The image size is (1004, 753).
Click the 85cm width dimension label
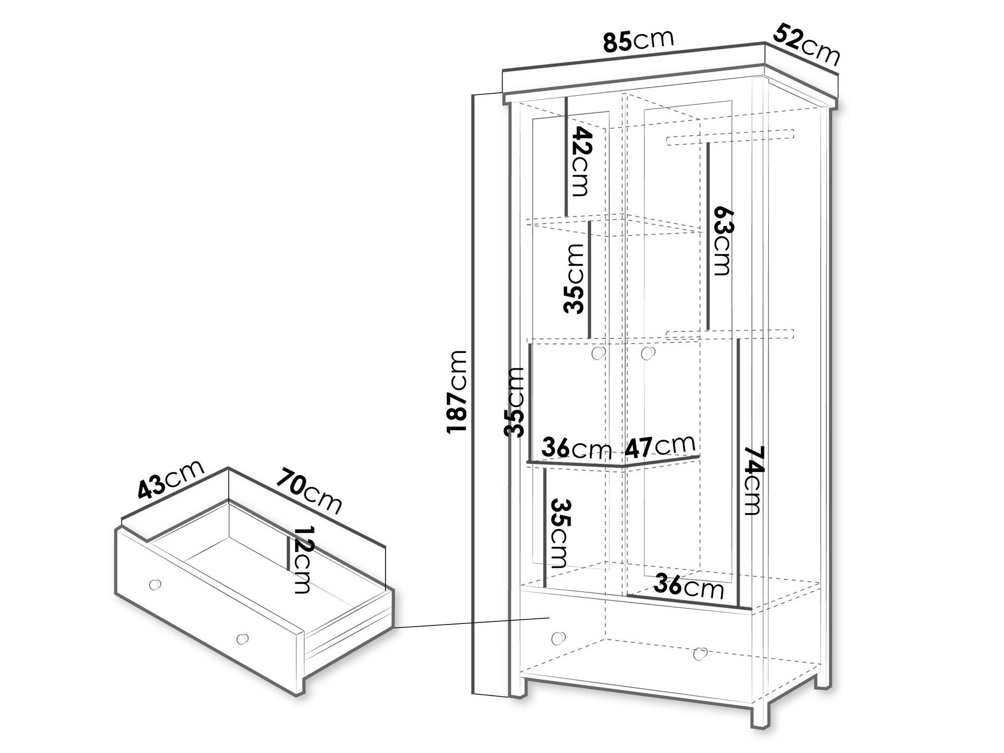pyautogui.click(x=638, y=40)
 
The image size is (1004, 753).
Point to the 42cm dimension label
pyautogui.click(x=580, y=162)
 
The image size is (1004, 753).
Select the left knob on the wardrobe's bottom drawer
pyautogui.click(x=557, y=638)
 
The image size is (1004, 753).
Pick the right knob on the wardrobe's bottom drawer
pyautogui.click(x=699, y=654)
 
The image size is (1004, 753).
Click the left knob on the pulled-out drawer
pyautogui.click(x=156, y=584)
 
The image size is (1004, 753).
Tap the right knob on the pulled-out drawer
pyautogui.click(x=242, y=639)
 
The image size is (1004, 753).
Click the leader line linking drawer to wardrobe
pyautogui.click(x=472, y=622)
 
